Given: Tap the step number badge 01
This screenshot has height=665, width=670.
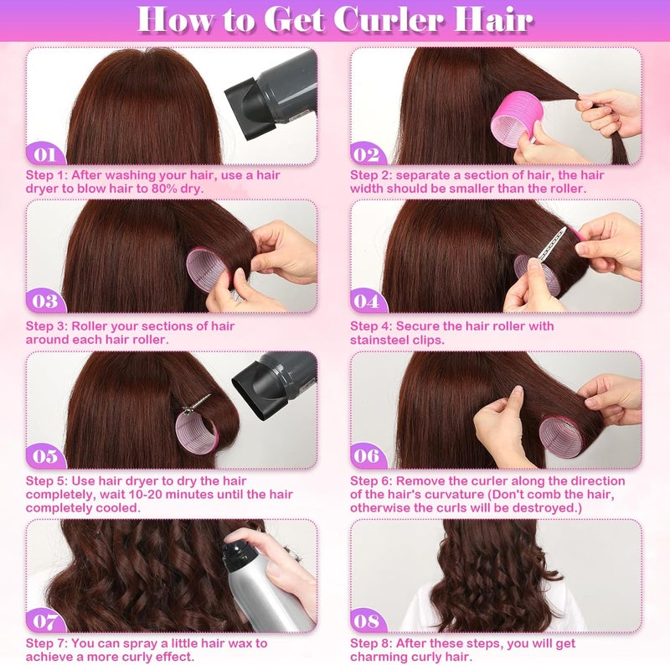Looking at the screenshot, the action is click(x=45, y=154).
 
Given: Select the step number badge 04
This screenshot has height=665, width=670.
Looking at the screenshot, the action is click(x=367, y=301).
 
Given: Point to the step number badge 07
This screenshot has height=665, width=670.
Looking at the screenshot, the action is click(x=45, y=621).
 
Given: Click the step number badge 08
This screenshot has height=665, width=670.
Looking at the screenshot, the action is click(x=367, y=621).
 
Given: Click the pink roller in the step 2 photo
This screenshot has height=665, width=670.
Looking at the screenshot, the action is click(x=513, y=122).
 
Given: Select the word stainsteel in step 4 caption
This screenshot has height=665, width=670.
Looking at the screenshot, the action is click(x=381, y=340).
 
